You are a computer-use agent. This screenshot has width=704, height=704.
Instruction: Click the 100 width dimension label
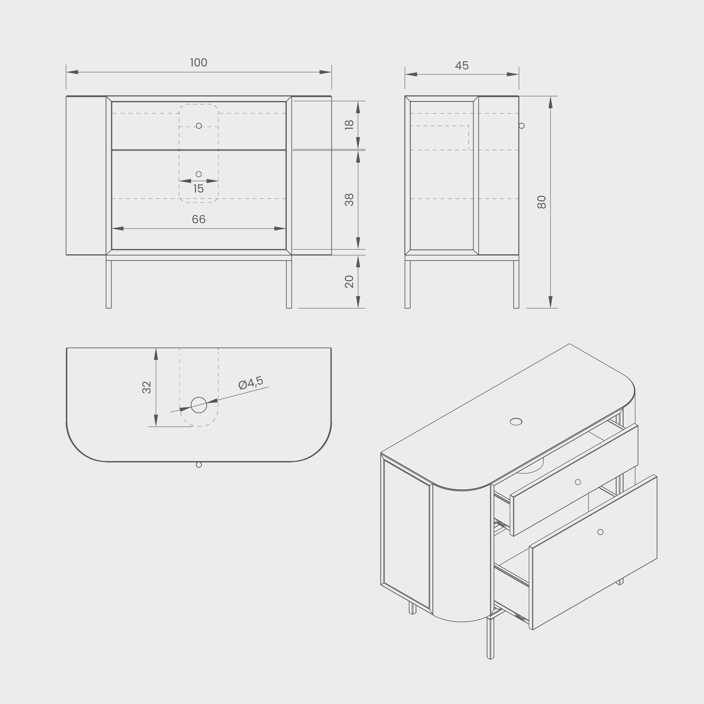coord(199,63)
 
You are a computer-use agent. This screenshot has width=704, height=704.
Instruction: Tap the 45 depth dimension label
coord(462,66)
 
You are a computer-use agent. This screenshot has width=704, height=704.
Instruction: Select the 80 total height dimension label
coord(542,202)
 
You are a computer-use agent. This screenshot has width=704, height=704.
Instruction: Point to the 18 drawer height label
coord(349,125)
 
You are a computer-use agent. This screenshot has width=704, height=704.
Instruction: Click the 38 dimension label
coord(349,200)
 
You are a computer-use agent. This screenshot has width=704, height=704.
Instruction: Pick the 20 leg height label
coord(349,282)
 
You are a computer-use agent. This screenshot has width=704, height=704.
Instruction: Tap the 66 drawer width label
coord(199,219)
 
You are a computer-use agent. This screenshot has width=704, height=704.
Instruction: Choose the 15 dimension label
coord(198,189)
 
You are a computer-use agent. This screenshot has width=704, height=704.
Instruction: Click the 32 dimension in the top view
coord(146,387)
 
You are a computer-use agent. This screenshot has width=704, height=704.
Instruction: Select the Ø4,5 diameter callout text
coord(251,383)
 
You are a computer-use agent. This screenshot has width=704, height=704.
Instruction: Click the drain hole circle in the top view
coord(199,405)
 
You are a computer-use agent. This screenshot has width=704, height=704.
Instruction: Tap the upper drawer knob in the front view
coord(199,126)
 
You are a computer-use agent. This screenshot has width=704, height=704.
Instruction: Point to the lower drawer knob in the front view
coord(199,174)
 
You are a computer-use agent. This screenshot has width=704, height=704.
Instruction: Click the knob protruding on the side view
coord(521,126)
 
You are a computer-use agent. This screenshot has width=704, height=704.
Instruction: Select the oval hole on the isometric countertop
coord(516,422)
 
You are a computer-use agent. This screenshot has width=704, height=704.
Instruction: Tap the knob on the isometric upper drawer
coord(578,482)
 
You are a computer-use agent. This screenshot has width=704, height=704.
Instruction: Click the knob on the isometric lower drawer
coord(601,532)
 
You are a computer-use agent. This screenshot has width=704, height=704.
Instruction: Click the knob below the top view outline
coord(199,465)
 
